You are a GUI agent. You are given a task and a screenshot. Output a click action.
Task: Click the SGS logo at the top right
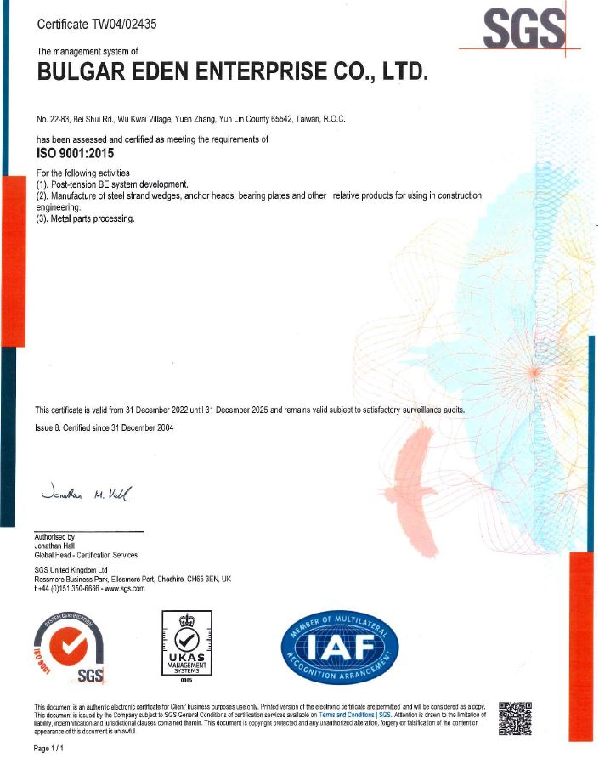523,30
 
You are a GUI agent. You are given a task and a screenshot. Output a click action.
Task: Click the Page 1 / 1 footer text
48,749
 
